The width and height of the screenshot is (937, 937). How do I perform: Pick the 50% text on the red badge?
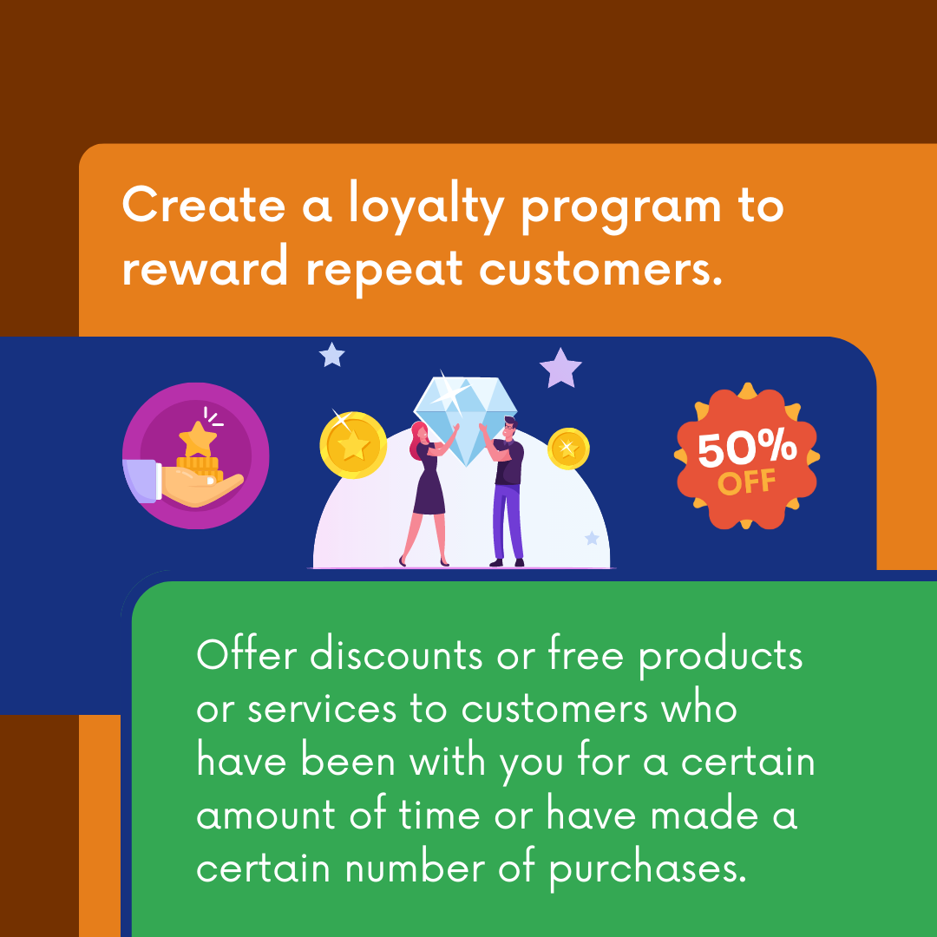point(747,449)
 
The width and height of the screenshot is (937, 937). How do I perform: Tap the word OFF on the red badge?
point(747,482)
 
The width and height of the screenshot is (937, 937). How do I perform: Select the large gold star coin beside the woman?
point(353,445)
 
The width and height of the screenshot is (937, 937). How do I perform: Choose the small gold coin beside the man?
point(568,449)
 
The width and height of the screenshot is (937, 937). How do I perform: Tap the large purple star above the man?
point(560,368)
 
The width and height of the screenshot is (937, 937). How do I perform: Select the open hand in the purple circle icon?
point(195,486)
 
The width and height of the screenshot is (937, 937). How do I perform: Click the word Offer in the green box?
point(247,656)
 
